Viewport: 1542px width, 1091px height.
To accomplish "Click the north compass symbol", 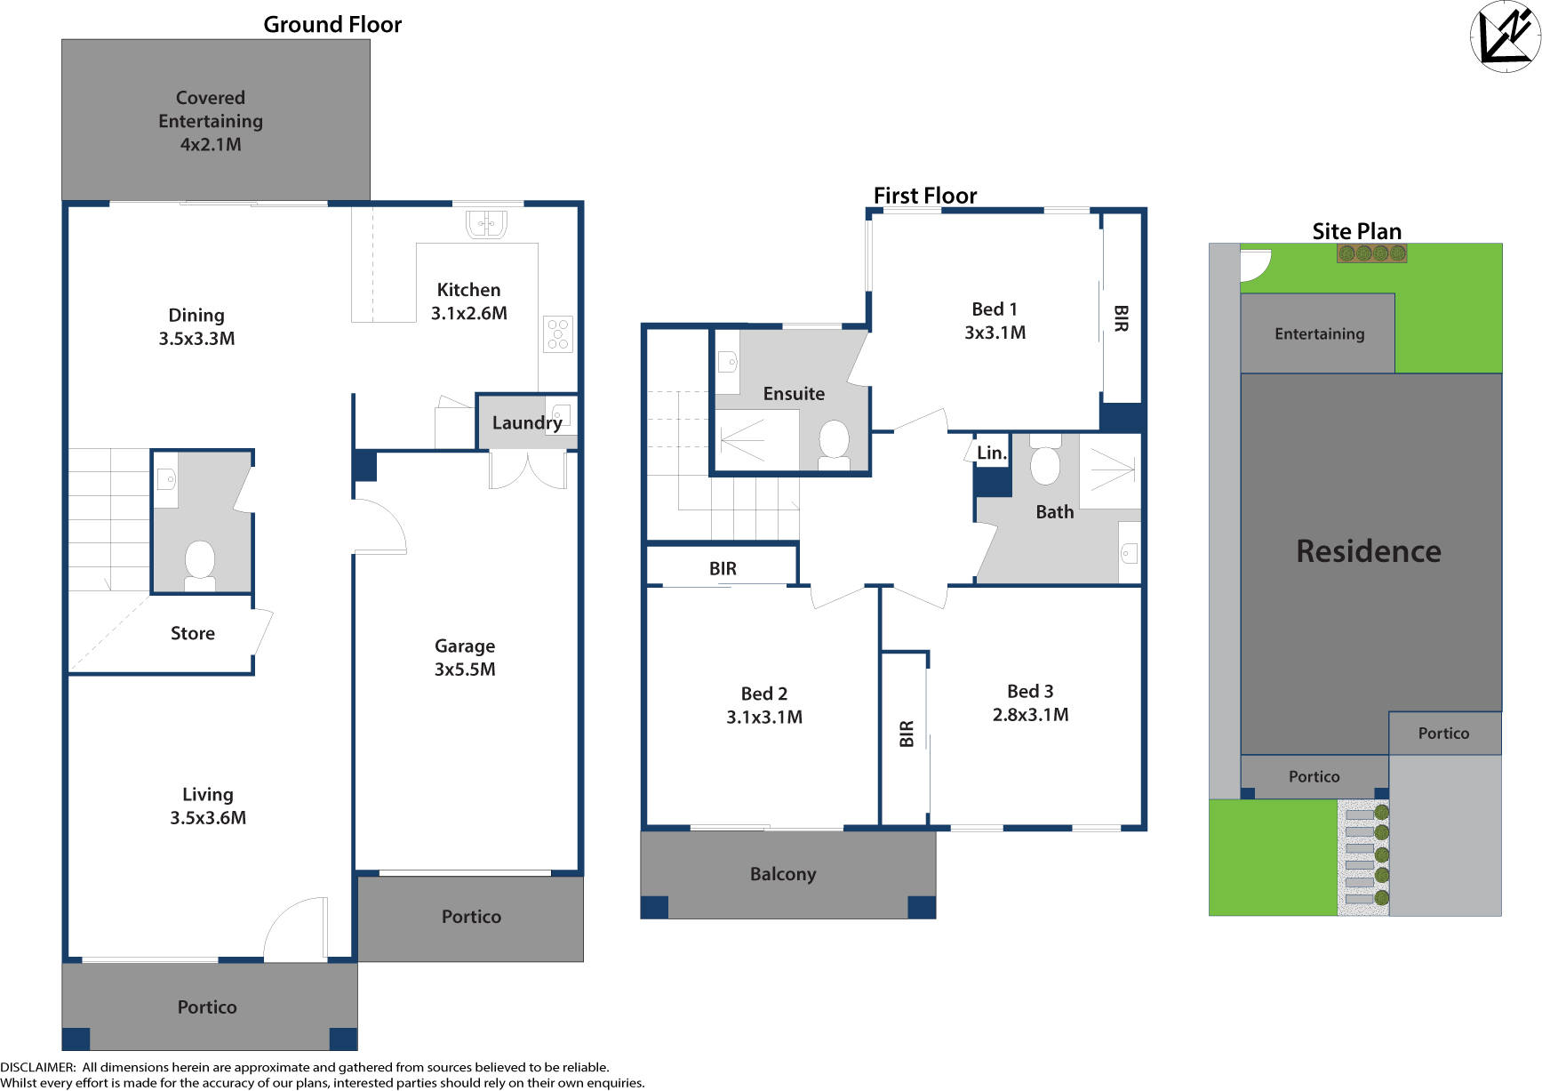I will click(1505, 36).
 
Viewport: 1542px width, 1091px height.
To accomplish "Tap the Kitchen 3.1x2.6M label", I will click(468, 301).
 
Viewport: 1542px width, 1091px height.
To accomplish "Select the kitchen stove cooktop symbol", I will click(558, 334).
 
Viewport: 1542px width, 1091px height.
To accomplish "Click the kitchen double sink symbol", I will click(486, 223).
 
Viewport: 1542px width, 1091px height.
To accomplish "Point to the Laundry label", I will click(527, 422).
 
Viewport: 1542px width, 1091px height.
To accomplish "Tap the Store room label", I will click(193, 633).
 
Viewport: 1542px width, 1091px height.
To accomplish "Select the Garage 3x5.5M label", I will click(465, 657).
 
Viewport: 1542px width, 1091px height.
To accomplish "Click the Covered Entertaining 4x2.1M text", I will click(211, 121).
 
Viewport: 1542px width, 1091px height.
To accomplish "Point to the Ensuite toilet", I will click(834, 443).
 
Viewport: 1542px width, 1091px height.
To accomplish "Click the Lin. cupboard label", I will click(992, 453).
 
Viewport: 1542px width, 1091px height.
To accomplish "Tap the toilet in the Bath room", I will click(1045, 461).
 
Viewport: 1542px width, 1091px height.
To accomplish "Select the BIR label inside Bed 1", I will click(1121, 318).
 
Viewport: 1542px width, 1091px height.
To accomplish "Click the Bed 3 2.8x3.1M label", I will click(1030, 702).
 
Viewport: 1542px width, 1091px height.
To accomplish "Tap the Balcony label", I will click(783, 874).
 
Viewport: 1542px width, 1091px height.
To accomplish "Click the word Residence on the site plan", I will click(1369, 551).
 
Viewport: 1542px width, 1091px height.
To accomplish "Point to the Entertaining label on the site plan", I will click(1319, 333).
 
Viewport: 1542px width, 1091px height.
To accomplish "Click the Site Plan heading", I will click(1356, 231).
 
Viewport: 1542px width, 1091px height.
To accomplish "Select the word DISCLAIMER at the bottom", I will click(37, 1067).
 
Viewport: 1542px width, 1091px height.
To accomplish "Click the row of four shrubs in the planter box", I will click(1371, 253).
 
